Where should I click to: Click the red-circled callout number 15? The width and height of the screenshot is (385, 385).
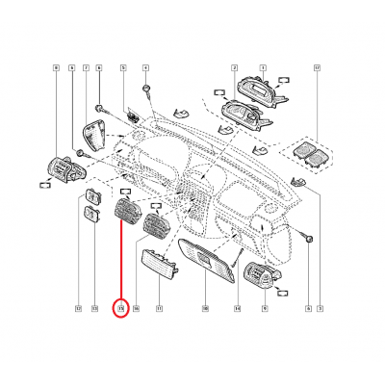121,309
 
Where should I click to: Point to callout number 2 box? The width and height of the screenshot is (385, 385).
234,68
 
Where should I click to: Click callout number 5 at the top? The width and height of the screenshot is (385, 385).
123,68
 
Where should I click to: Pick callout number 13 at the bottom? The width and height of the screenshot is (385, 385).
94,309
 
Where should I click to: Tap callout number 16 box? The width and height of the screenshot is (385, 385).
137,309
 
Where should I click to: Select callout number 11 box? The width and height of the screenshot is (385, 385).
159,309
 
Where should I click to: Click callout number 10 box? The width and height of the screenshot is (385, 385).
205,309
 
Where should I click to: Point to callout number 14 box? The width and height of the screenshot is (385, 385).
236,309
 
